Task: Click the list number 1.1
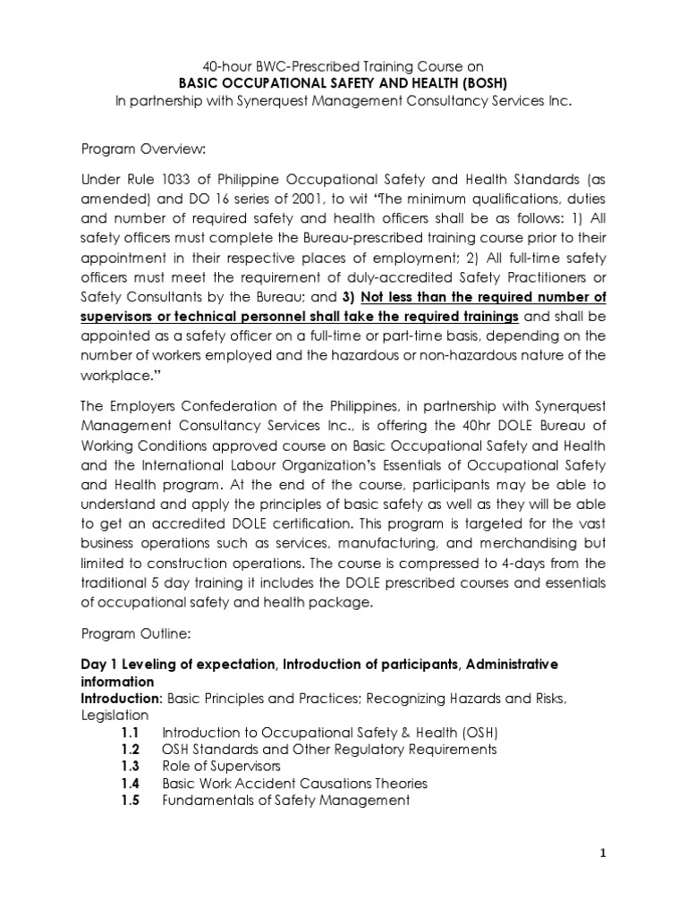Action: [x=131, y=732]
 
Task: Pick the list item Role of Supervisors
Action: [x=220, y=766]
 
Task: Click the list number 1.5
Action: [x=131, y=801]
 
